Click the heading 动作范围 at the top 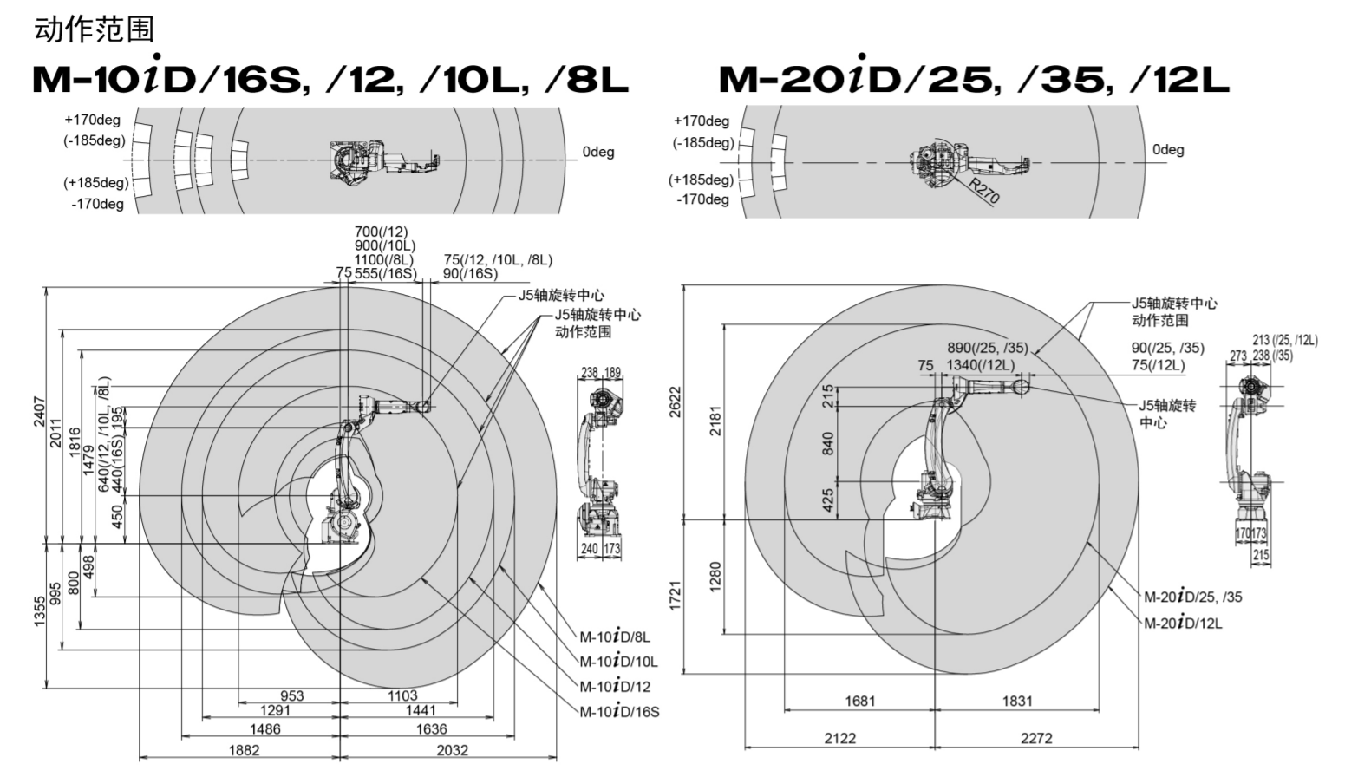tap(95, 29)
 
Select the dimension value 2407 tap(39, 414)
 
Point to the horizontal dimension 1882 tap(245, 750)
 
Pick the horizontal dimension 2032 tap(453, 750)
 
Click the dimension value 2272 tap(1036, 739)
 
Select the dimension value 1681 tap(860, 701)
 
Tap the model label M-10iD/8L tap(615, 637)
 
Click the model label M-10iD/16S tap(619, 711)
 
